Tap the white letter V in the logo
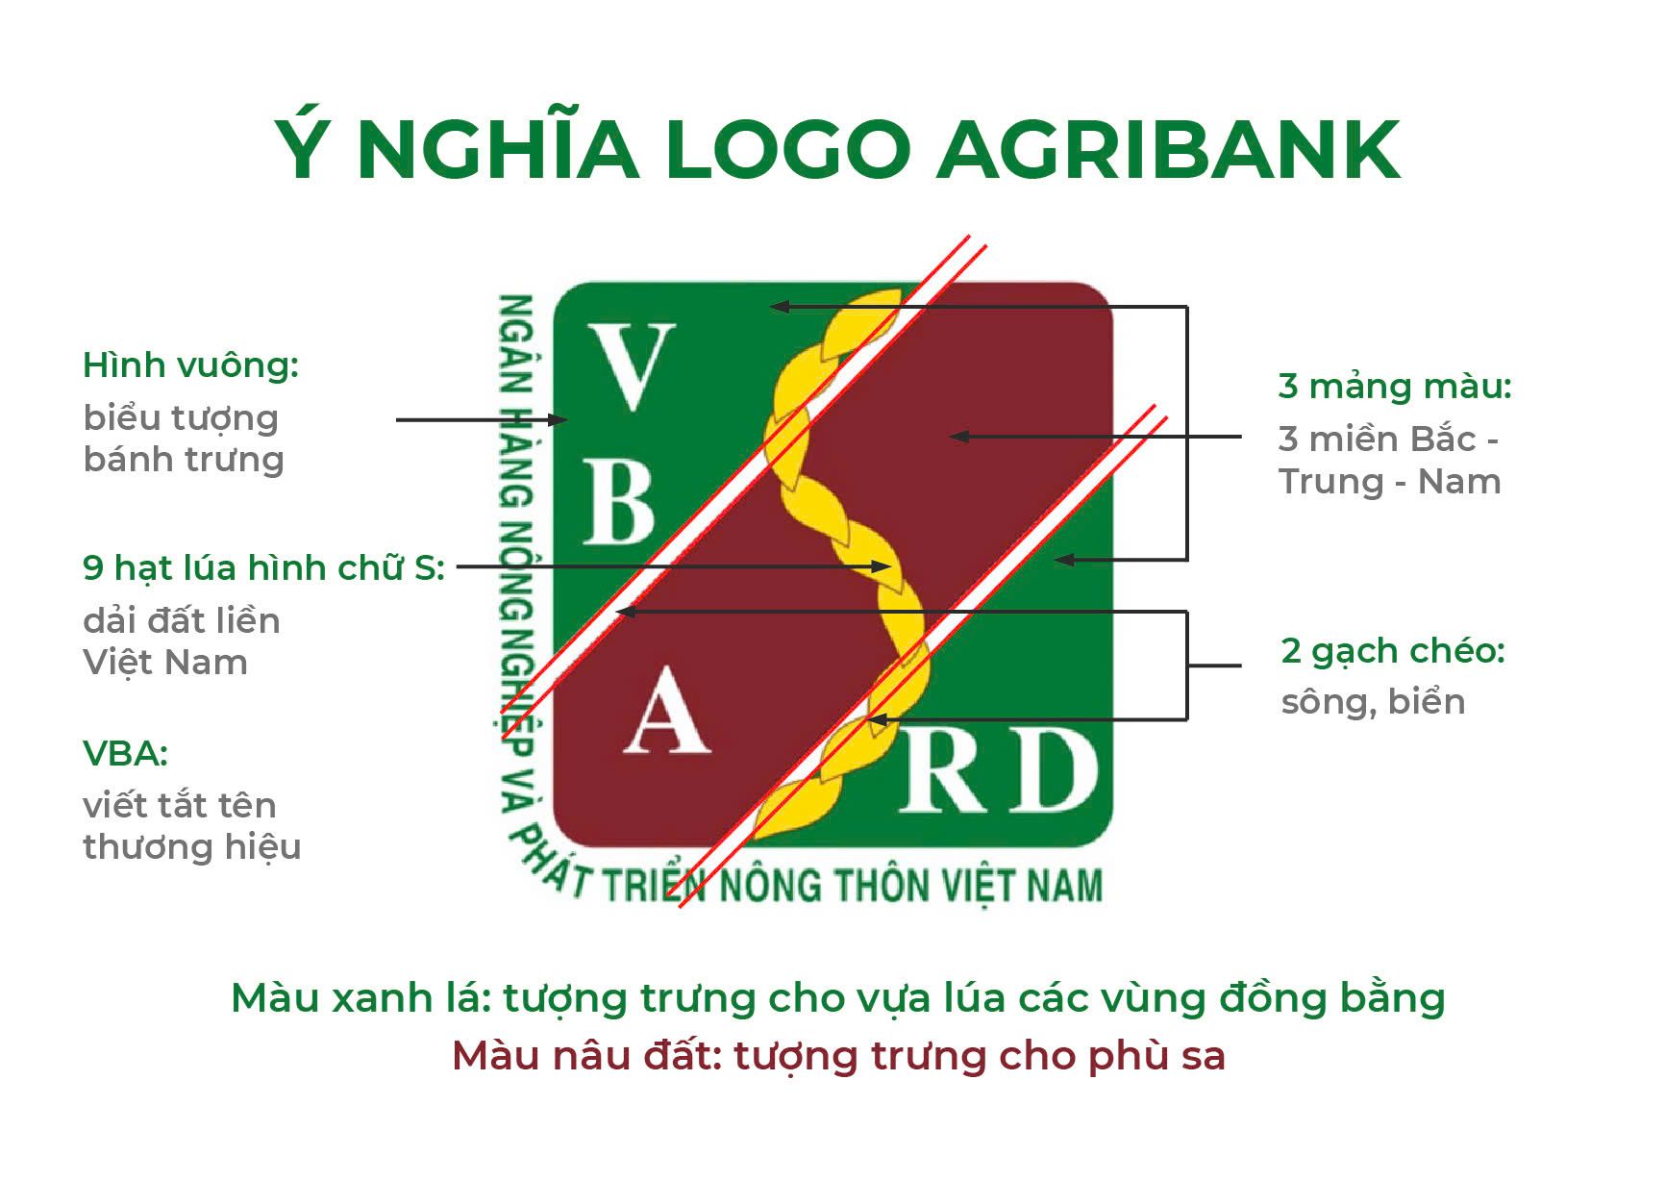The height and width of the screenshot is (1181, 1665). (x=630, y=367)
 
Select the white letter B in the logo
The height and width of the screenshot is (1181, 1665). (x=620, y=501)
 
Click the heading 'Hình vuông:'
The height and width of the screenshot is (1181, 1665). (x=191, y=365)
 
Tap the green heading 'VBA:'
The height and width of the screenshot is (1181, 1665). (x=126, y=754)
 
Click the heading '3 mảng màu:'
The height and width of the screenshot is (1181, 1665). (x=1395, y=387)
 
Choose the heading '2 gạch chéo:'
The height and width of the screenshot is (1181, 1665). (x=1393, y=652)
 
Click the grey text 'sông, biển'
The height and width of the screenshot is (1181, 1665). (x=1373, y=702)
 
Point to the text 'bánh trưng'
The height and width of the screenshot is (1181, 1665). (x=184, y=460)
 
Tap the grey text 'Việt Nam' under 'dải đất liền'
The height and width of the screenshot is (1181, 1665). (x=165, y=663)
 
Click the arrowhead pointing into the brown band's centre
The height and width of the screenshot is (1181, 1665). (x=959, y=437)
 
